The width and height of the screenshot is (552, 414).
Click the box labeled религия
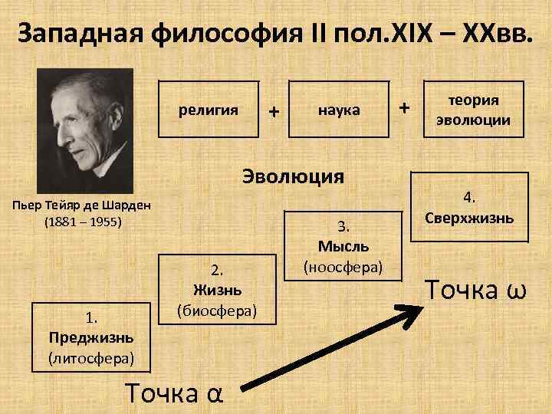[209, 110]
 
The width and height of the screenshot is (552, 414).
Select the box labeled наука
[340, 110]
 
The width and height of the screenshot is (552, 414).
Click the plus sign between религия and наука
[273, 111]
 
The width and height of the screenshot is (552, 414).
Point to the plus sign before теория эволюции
[405, 108]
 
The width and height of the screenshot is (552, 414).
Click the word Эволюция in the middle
[294, 176]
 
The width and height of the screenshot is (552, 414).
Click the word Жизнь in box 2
[217, 290]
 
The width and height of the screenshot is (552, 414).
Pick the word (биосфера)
[217, 310]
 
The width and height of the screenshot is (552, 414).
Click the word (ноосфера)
[343, 266]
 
